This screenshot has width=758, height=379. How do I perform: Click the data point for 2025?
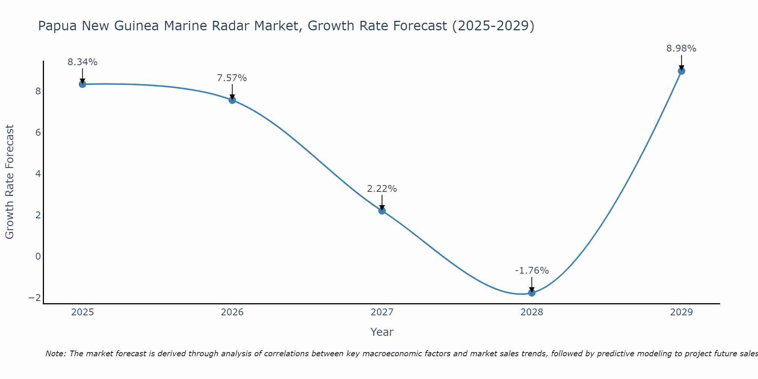click(83, 84)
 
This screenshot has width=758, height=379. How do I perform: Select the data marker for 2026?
click(232, 100)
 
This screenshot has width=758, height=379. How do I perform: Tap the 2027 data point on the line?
click(382, 211)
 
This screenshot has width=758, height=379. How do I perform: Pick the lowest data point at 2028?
click(532, 293)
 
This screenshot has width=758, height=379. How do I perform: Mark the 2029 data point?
click(681, 71)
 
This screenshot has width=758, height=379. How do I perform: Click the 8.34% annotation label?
click(83, 62)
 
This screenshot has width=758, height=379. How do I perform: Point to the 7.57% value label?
click(232, 78)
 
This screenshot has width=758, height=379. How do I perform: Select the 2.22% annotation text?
click(382, 189)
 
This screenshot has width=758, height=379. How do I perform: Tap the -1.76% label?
click(532, 271)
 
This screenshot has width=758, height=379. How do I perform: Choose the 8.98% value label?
click(681, 49)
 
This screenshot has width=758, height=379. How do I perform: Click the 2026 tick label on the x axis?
click(232, 312)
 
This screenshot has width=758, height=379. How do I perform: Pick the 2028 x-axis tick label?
click(532, 312)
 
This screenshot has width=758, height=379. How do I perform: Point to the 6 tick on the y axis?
click(38, 133)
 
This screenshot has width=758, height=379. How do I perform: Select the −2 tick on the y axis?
click(35, 298)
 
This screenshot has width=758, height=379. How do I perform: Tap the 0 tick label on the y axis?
click(38, 257)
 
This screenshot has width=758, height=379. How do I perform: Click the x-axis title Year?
click(382, 332)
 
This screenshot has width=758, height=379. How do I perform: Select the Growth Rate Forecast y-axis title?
click(10, 182)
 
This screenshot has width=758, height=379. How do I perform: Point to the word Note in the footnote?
click(56, 354)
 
